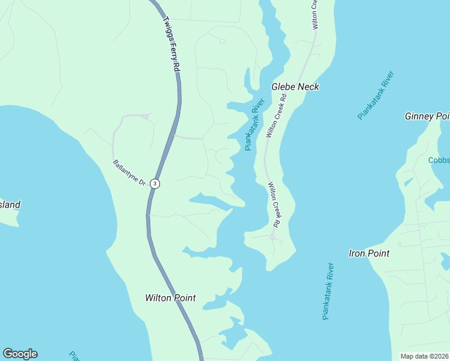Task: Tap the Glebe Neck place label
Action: tap(295, 87)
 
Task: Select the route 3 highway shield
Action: tap(155, 184)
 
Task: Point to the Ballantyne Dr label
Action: tap(129, 172)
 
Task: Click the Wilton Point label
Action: tap(170, 298)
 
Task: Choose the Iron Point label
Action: tap(369, 253)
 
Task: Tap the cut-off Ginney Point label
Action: tap(427, 116)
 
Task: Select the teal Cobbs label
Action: tap(439, 160)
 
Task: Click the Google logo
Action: tap(20, 354)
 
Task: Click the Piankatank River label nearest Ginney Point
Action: tap(376, 95)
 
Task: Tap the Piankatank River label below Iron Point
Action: tap(328, 291)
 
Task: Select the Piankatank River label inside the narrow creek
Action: tap(255, 125)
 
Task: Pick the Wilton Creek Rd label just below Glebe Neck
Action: tap(275, 116)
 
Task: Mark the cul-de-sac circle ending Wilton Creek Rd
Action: tap(272, 237)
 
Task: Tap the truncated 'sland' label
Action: tap(10, 205)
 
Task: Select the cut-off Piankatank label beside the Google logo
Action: tap(75, 356)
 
